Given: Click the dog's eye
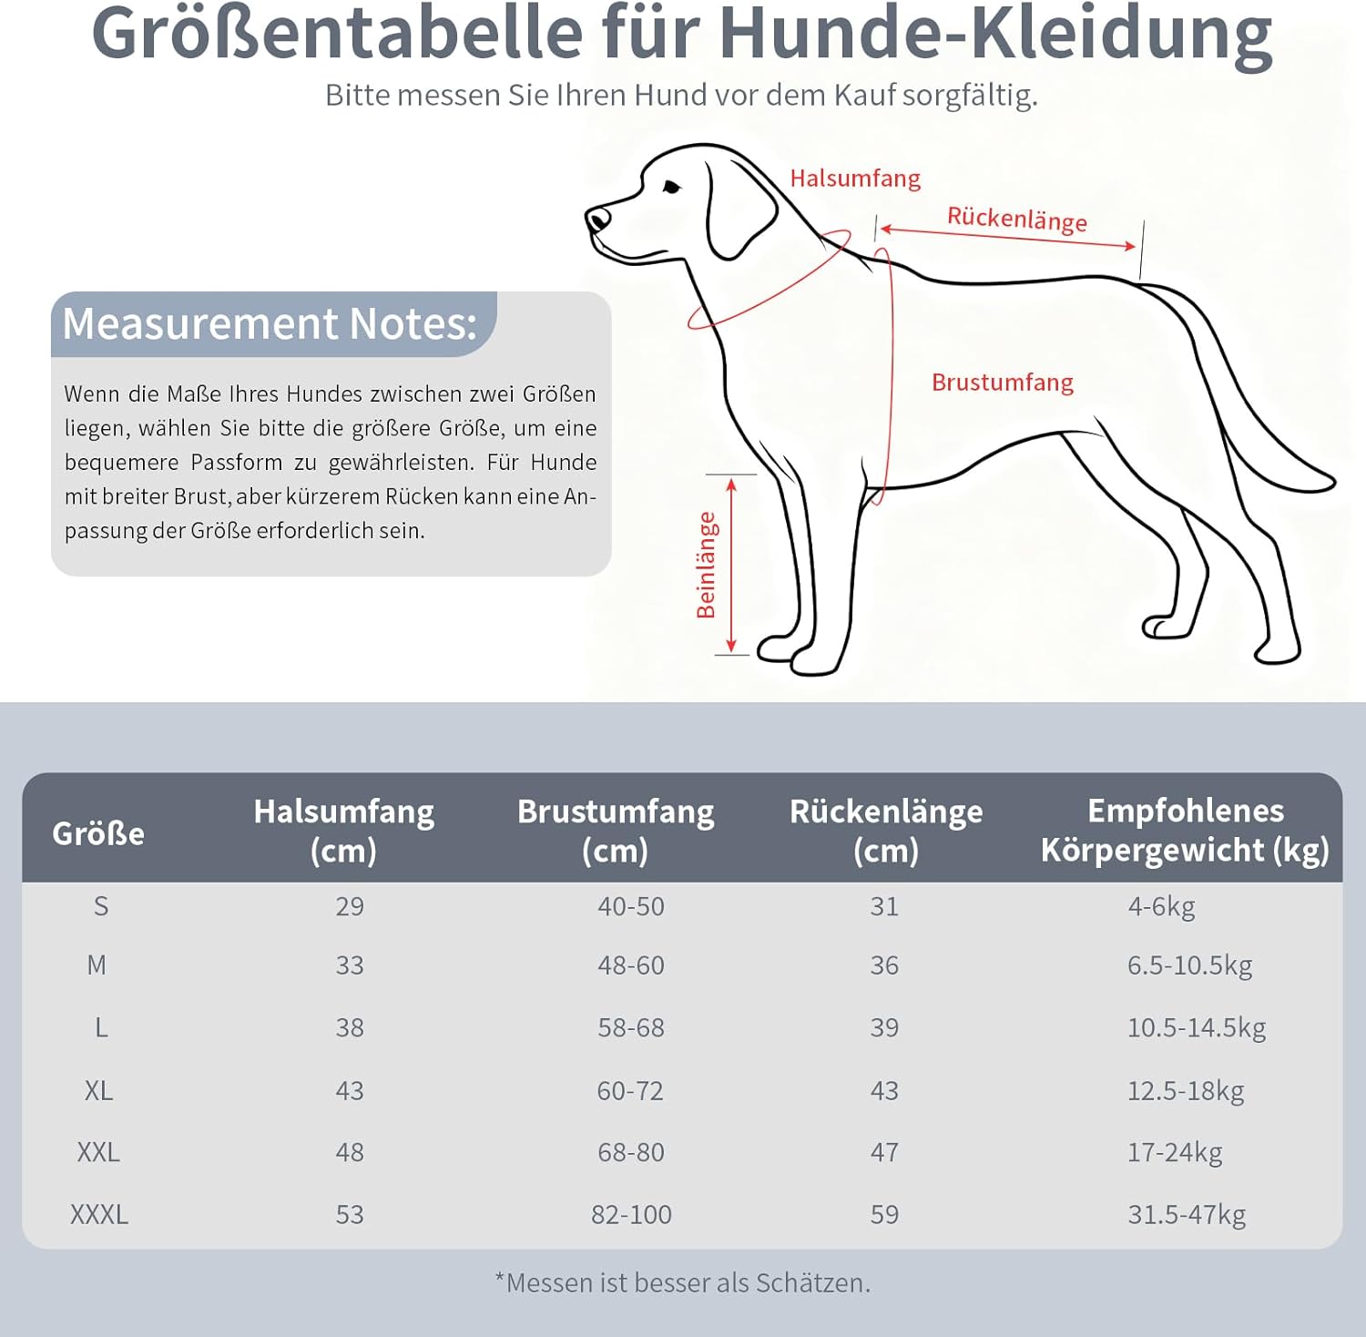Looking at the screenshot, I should (x=672, y=188).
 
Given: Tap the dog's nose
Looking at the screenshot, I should (x=596, y=219).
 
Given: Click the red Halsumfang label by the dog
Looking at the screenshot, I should (x=854, y=179).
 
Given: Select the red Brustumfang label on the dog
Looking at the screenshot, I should (x=1002, y=383).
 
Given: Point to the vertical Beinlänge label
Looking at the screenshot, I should (x=707, y=565).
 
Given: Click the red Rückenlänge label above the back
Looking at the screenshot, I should (x=1016, y=219).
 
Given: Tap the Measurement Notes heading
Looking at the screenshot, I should (x=270, y=324).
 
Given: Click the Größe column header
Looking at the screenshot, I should (x=98, y=833).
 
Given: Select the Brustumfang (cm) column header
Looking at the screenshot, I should (x=616, y=830).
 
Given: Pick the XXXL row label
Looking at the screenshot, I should (x=99, y=1214).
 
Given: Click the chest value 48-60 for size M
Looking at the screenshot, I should (x=630, y=965).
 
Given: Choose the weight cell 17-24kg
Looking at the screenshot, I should (x=1174, y=1152).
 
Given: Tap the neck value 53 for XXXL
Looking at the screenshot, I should (x=350, y=1214).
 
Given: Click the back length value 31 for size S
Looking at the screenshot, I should (x=883, y=906).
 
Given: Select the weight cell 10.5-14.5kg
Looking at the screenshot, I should (x=1196, y=1027).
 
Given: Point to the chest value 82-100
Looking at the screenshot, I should (x=631, y=1214).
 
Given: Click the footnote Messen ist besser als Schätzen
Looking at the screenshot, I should (x=683, y=1282).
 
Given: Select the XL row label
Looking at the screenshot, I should (x=98, y=1090).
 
